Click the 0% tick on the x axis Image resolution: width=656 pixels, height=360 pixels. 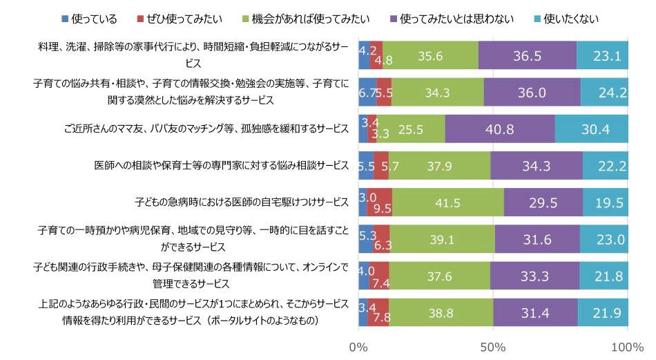359,345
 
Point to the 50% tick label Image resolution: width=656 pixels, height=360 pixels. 493,345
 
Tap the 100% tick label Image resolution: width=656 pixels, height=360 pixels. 627,345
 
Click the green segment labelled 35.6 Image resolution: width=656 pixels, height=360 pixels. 430,55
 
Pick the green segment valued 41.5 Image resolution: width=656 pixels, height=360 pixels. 448,202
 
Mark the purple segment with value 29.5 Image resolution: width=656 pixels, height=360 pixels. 543,202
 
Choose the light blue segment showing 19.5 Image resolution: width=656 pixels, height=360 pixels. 606,202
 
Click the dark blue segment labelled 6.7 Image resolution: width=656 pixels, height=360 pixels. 367,92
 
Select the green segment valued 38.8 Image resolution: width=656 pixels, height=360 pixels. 441,312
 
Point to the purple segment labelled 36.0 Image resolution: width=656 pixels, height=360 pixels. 532,92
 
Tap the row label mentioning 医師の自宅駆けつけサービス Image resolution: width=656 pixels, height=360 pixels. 242,202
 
